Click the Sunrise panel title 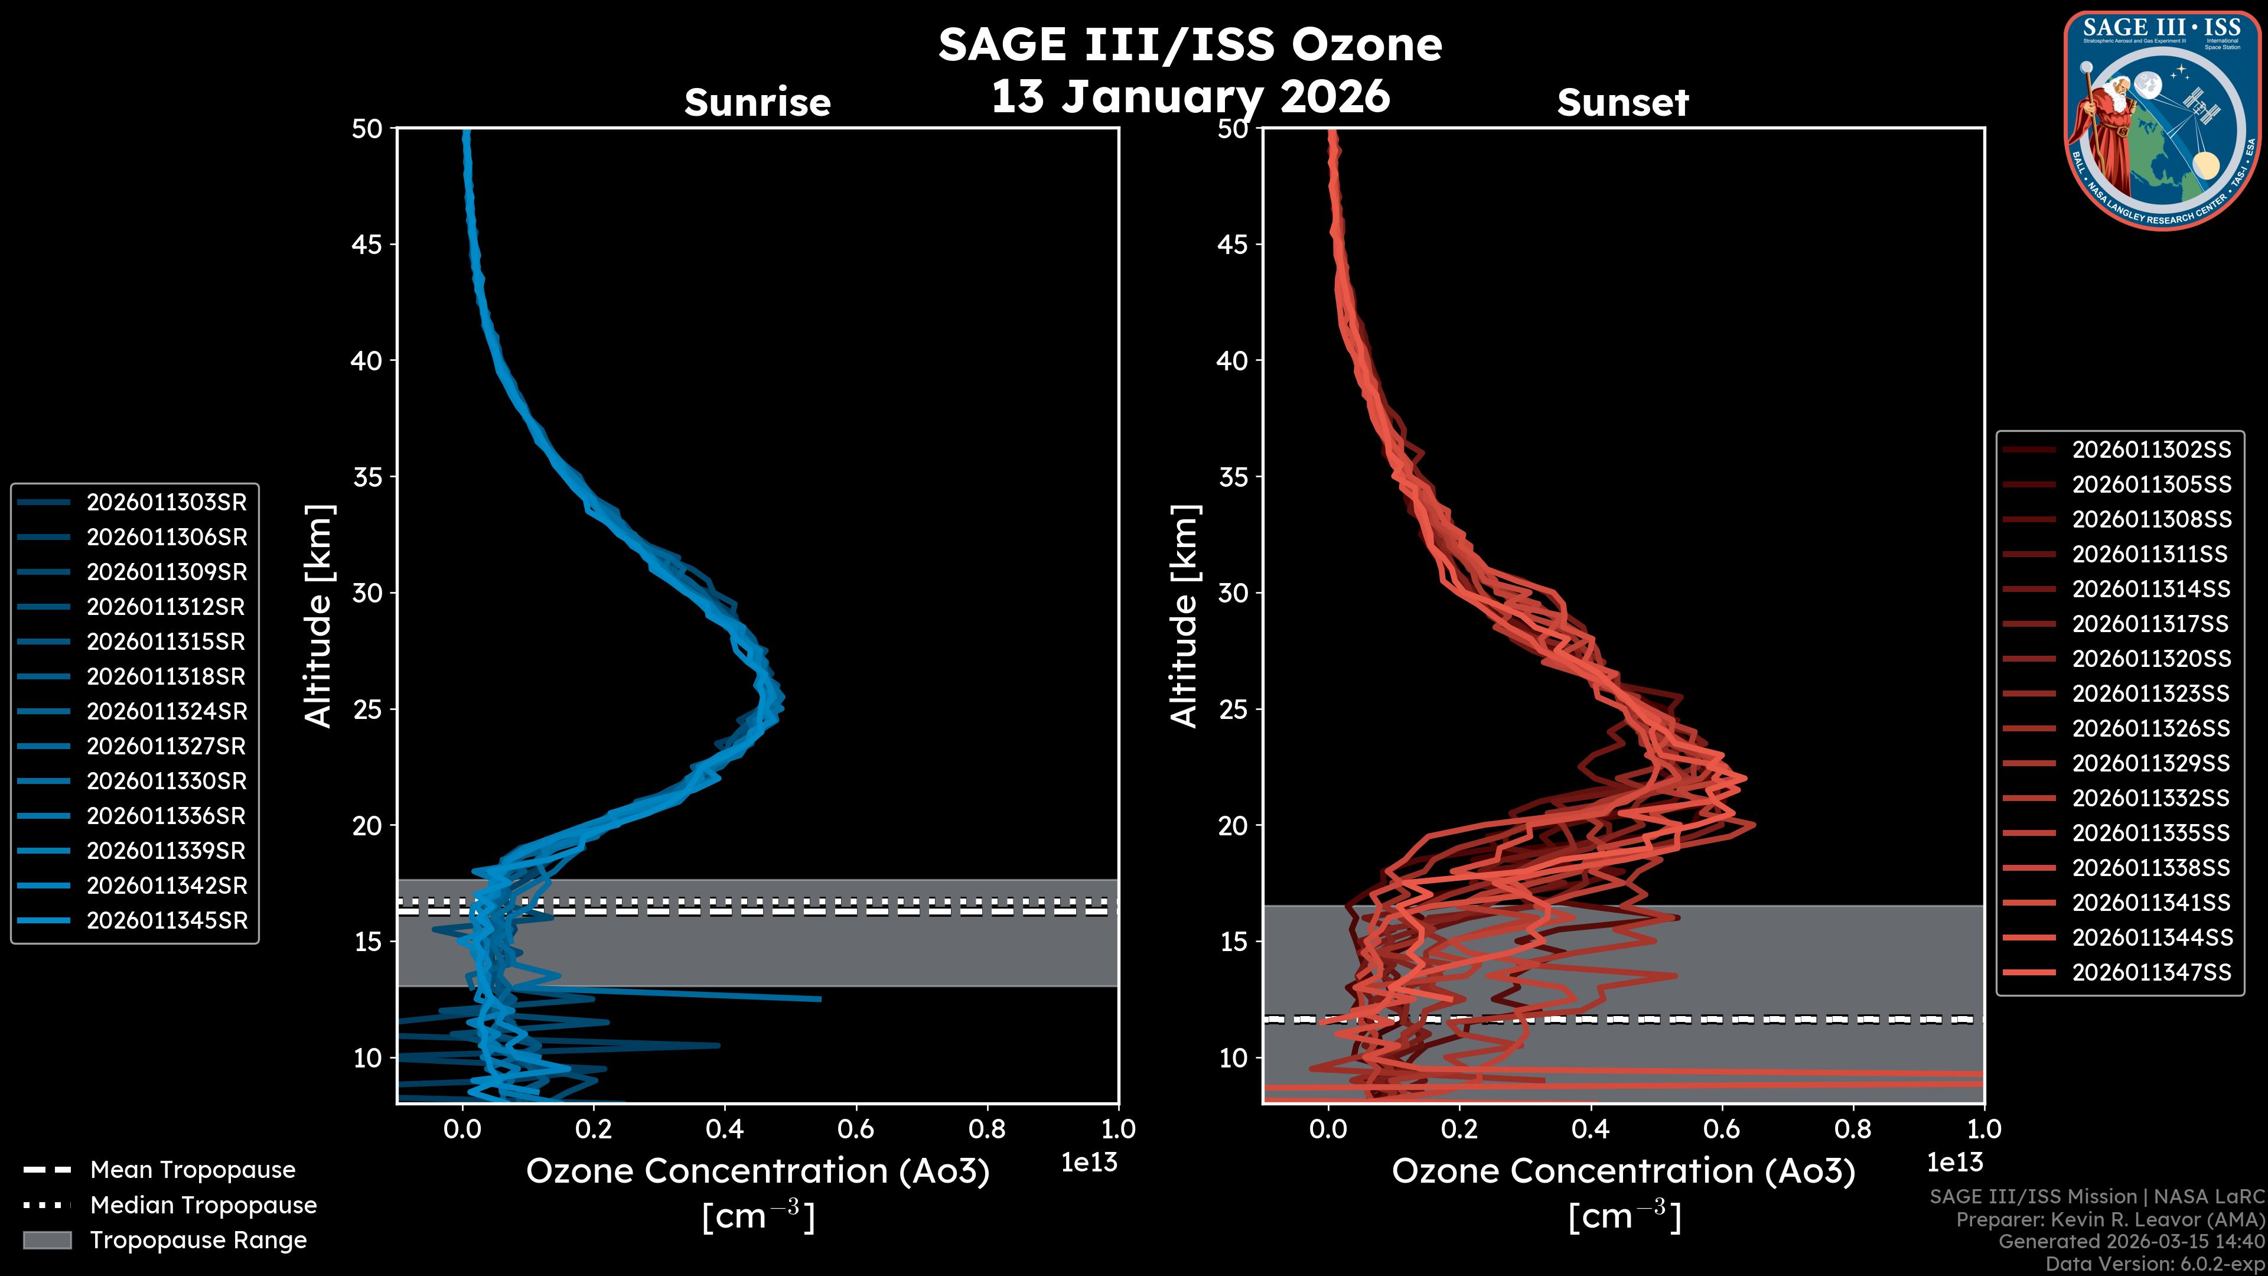click(757, 102)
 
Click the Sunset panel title click(1622, 102)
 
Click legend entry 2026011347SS click(2151, 972)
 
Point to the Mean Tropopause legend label click(193, 1170)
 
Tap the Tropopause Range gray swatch click(47, 1240)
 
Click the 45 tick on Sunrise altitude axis click(367, 244)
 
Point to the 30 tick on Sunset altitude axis click(1233, 593)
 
